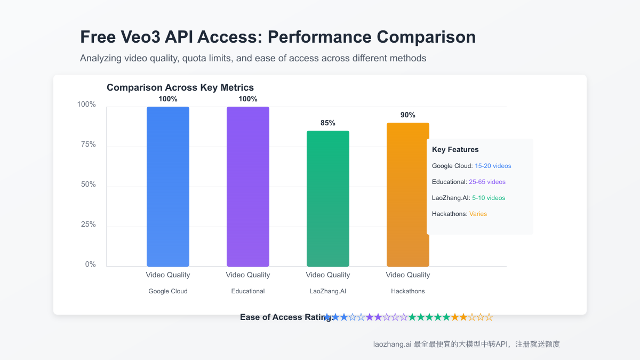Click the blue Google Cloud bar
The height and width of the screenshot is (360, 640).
168,187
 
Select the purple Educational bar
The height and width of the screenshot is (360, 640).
248,187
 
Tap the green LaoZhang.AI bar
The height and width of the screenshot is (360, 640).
328,198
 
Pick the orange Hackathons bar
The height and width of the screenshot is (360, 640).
408,195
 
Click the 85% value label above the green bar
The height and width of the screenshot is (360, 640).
328,123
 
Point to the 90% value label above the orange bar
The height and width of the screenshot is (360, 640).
408,115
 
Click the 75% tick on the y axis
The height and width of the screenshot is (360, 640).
87,145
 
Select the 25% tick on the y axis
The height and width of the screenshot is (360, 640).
87,225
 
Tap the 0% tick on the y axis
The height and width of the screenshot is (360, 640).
90,265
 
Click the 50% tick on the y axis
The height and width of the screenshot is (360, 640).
87,185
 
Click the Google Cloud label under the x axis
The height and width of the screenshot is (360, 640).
168,291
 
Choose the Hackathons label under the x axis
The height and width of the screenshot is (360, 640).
408,291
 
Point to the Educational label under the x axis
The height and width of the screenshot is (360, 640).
248,291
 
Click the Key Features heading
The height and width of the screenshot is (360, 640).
455,150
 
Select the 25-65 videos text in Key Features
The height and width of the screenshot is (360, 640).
487,182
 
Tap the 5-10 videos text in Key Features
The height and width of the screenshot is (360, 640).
489,198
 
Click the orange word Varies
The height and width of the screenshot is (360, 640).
478,214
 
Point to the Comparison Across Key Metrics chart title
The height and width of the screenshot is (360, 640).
180,87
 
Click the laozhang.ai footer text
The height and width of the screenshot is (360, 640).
392,345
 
